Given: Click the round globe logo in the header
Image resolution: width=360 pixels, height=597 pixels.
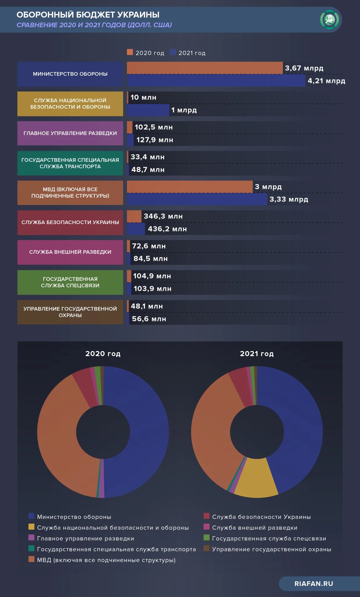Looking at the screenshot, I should tap(330, 20).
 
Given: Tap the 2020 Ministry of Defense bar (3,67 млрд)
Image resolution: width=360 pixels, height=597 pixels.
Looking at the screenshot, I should tap(205, 68).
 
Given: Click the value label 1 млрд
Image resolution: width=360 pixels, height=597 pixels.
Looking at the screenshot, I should tap(184, 110).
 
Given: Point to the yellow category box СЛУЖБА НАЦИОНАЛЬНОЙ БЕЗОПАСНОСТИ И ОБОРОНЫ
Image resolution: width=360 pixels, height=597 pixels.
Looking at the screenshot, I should tap(70, 104).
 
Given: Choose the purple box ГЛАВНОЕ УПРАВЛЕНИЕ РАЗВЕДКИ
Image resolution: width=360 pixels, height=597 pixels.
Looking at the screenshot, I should tap(70, 133).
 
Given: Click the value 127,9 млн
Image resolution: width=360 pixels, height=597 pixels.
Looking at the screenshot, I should tap(155, 140).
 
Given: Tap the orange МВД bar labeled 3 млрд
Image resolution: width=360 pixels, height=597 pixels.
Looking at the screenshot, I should tap(190, 187).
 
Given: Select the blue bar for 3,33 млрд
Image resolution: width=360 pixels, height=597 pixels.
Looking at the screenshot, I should tap(197, 199).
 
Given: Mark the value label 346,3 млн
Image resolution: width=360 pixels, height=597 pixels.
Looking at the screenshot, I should tap(163, 216).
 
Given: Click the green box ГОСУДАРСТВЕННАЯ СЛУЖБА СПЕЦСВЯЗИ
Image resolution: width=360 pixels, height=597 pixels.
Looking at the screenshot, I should tap(70, 282).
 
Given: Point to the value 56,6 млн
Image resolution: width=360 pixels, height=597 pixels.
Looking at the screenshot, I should tap(149, 319).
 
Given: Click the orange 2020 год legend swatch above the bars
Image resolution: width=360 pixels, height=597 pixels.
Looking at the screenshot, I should tap(130, 52).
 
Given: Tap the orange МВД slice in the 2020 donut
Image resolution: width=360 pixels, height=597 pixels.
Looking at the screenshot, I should tap(58, 435).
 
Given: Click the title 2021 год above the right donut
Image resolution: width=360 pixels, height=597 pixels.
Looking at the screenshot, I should tap(257, 353).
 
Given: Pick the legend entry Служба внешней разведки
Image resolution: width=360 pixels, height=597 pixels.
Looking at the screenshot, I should tap(255, 528).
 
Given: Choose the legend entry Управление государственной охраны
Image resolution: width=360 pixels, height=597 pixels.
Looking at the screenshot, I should tap(271, 549).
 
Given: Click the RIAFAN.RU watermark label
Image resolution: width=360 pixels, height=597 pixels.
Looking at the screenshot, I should tap(314, 584).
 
